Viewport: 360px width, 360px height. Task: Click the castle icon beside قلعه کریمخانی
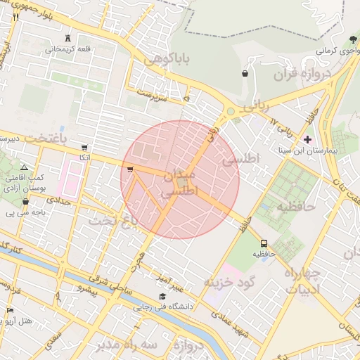coord(68,37)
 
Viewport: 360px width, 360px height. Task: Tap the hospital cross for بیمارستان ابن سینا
coord(308,139)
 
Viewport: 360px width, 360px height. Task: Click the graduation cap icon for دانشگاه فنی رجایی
coord(163,296)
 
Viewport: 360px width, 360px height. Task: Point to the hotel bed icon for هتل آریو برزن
coord(10,310)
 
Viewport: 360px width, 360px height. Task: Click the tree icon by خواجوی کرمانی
coord(352,39)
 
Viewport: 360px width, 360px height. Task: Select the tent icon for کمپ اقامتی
coord(25,168)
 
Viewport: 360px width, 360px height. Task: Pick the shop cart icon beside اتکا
coord(85,148)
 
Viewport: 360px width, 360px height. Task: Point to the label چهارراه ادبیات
coord(303,280)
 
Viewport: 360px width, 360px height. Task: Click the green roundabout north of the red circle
coord(230,111)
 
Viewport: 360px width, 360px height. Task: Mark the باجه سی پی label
coord(21,212)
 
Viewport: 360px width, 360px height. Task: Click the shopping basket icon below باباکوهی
coord(244,73)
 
